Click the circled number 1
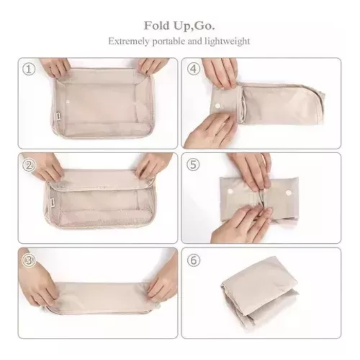point(29,69)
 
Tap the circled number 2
point(29,165)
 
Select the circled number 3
point(29,260)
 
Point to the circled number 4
point(193,69)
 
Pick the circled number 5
point(193,165)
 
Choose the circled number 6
point(193,260)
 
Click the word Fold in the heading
point(156,26)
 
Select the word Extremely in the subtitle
point(129,41)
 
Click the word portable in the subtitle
point(169,41)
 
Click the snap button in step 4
point(217,106)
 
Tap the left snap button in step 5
point(229,191)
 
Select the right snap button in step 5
point(288,192)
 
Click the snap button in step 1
point(68,102)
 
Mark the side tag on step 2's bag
point(52,202)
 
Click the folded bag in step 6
point(260,293)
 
